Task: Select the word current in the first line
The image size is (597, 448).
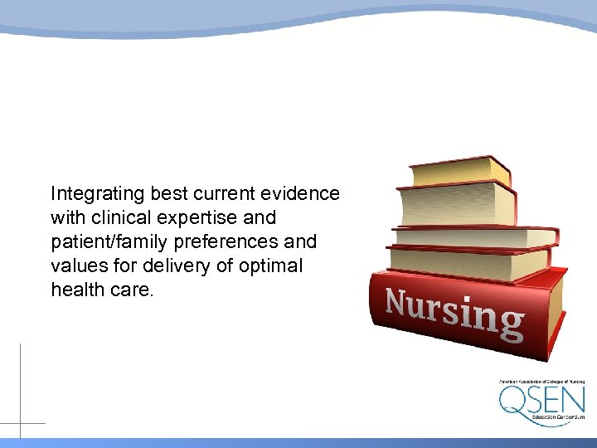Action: pos(225,194)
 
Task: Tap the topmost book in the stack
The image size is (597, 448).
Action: pos(460,172)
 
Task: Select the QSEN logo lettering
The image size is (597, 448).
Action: pos(541,401)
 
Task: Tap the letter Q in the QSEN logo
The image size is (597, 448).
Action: pos(512,401)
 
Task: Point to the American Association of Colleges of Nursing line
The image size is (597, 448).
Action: pos(541,382)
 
